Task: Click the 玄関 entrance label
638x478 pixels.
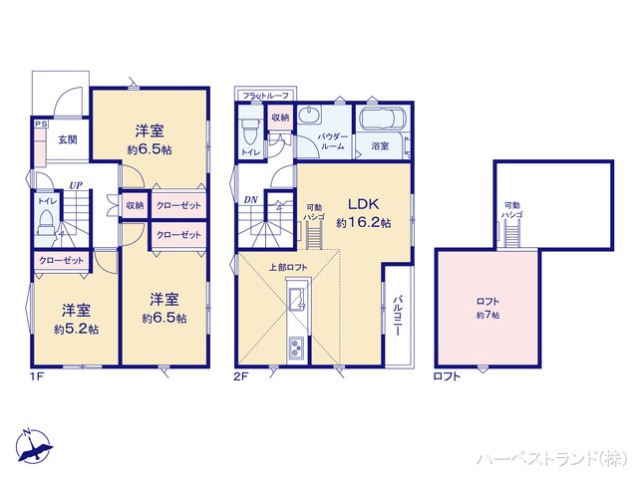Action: coord(67,139)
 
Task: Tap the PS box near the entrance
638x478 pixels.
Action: coord(40,124)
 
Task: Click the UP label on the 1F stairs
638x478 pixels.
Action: coord(75,184)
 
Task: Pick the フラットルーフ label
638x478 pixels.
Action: coord(262,95)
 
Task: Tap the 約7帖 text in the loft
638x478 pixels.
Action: coord(487,315)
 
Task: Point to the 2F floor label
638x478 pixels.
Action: coord(241,375)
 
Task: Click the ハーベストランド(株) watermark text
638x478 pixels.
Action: coord(551,458)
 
